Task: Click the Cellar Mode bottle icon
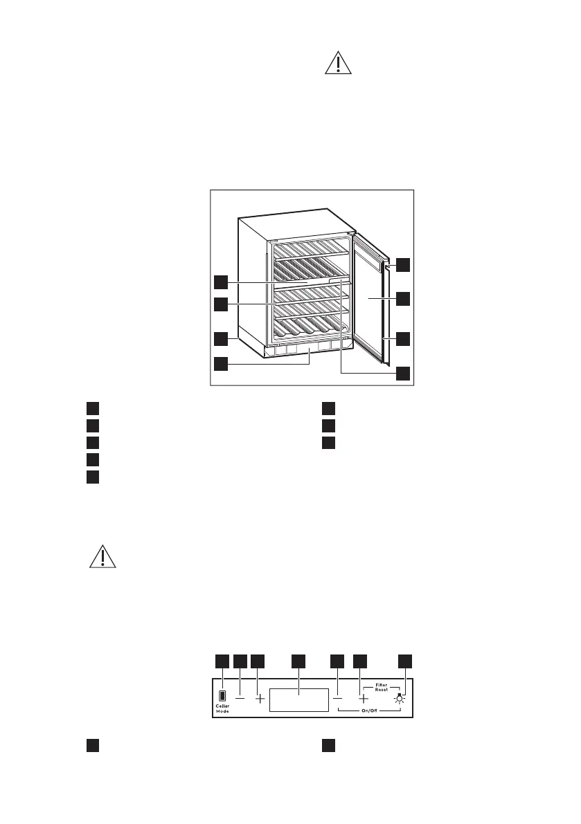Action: pos(222,696)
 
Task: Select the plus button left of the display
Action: pos(260,699)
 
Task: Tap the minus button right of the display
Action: pos(338,699)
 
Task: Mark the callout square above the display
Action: pos(298,661)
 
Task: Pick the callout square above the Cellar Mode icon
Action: pos(222,661)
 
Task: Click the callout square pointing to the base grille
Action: pos(220,362)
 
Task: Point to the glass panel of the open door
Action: pos(367,297)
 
